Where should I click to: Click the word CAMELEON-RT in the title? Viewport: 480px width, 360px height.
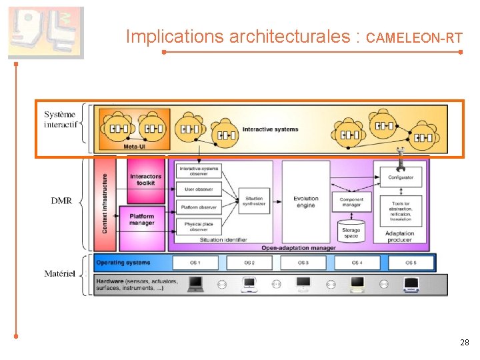(415, 38)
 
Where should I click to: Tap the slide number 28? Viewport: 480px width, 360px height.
(465, 343)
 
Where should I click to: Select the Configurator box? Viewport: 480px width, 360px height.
(400, 177)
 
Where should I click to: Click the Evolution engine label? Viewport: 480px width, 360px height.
(305, 202)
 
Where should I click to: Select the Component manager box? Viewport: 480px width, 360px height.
(351, 203)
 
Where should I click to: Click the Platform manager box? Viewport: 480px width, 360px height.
(141, 219)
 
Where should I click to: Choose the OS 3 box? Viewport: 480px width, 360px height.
(303, 263)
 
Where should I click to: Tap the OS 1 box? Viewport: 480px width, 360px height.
(195, 263)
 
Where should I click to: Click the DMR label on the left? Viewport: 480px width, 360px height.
(61, 200)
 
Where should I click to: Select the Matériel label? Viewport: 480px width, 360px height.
(59, 273)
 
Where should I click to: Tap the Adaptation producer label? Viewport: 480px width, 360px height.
(400, 237)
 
